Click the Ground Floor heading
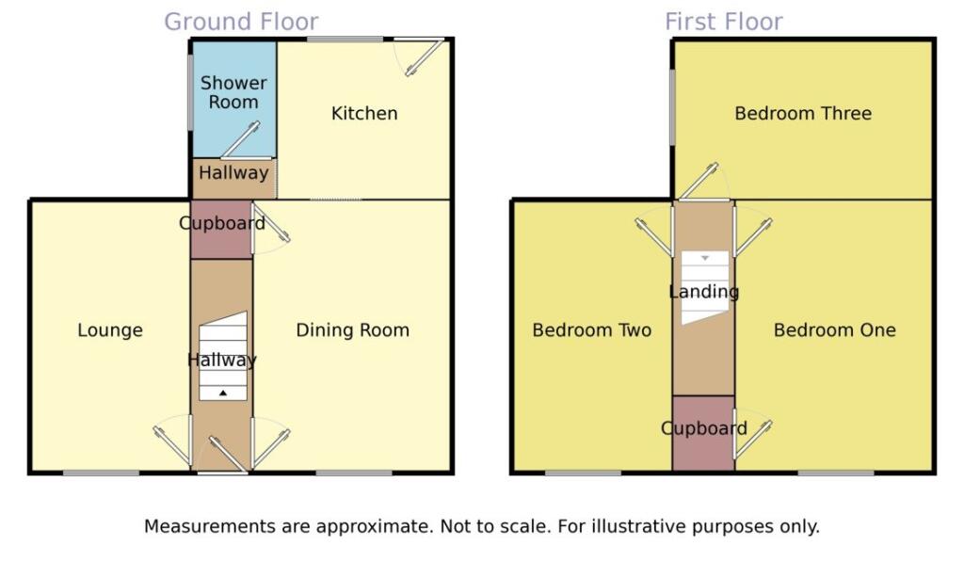(x=241, y=22)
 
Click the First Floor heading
(x=724, y=22)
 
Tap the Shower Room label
(x=233, y=92)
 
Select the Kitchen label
(x=364, y=113)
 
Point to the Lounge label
(x=110, y=330)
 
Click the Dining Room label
(x=352, y=330)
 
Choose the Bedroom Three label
(x=803, y=113)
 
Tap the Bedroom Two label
(x=592, y=330)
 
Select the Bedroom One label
(x=835, y=330)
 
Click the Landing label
(x=704, y=292)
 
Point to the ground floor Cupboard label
(x=222, y=223)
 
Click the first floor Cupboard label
(x=704, y=428)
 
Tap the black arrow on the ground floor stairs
(x=223, y=393)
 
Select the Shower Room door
(x=240, y=139)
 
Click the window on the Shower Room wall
(x=190, y=93)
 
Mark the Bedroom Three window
(x=672, y=107)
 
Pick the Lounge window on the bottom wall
(x=102, y=473)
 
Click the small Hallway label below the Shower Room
(x=233, y=173)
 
